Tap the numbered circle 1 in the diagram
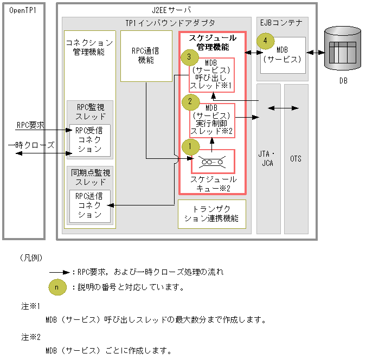190,146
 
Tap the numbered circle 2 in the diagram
190,101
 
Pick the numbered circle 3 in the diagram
189,56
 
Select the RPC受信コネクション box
89,140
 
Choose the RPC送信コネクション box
89,205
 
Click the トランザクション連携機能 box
211,214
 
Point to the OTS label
296,159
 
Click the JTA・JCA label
268,159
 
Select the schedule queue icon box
213,162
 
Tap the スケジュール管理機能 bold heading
212,42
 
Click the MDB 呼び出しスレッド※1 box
211,74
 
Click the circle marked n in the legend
57,287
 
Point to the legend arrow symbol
60,272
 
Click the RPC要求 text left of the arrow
30,125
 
